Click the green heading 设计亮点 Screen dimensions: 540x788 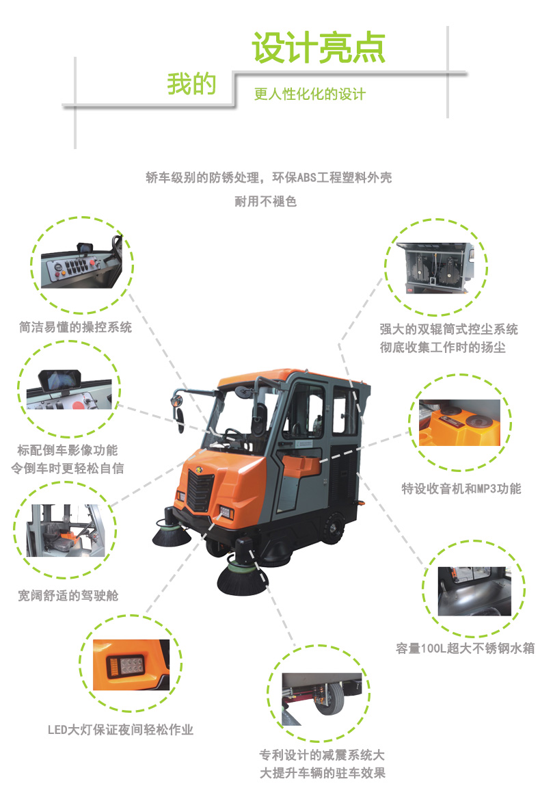[x=319, y=48]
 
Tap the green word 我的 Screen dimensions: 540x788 [x=191, y=83]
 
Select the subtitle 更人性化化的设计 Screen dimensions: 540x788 [x=310, y=94]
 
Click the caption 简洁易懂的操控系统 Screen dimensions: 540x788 [x=75, y=327]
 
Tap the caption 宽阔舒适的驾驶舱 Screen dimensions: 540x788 [x=68, y=596]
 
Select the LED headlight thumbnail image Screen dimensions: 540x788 [x=131, y=664]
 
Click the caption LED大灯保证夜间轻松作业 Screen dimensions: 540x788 [x=120, y=730]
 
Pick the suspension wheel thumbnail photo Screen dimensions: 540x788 [x=322, y=699]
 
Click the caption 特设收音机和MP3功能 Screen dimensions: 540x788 [x=461, y=488]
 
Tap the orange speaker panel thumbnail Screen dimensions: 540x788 [x=459, y=423]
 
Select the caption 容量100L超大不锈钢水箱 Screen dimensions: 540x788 [x=465, y=648]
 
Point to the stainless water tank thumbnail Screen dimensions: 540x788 [x=474, y=592]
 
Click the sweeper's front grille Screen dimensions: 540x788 [x=201, y=490]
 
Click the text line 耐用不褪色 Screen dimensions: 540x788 [x=266, y=202]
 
